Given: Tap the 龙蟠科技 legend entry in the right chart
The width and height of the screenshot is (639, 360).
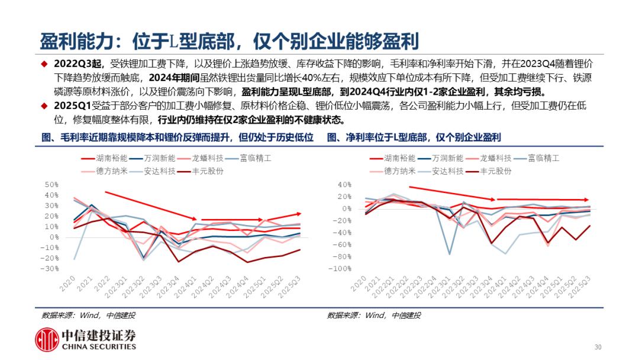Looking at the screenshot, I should tap(495, 159).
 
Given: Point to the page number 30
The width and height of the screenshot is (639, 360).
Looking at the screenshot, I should tap(598, 347).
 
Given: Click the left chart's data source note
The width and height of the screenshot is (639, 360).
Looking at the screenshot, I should tap(92, 315).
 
